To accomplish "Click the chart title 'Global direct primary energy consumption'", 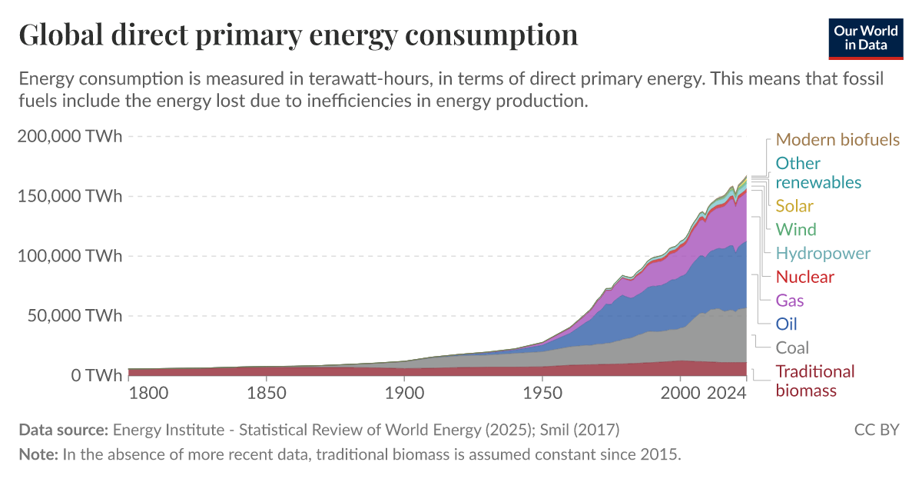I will [x=298, y=35].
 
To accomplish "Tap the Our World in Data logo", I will [x=865, y=38].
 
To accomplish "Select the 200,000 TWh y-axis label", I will [x=69, y=137].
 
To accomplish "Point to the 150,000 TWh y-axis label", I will [x=69, y=196].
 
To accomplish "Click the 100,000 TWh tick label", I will [x=69, y=256].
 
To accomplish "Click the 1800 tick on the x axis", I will [x=148, y=394].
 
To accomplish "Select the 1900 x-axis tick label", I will [x=404, y=394].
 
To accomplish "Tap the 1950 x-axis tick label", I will [x=542, y=394].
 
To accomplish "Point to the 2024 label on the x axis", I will [x=727, y=394].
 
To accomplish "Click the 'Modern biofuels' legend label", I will [x=837, y=140].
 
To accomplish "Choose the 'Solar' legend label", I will [x=794, y=206].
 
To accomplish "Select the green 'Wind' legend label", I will [x=796, y=230].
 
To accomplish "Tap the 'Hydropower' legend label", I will [x=823, y=254].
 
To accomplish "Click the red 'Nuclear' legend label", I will [x=804, y=277].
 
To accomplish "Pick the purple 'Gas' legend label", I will [x=790, y=301].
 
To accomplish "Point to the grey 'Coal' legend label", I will [x=792, y=347].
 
